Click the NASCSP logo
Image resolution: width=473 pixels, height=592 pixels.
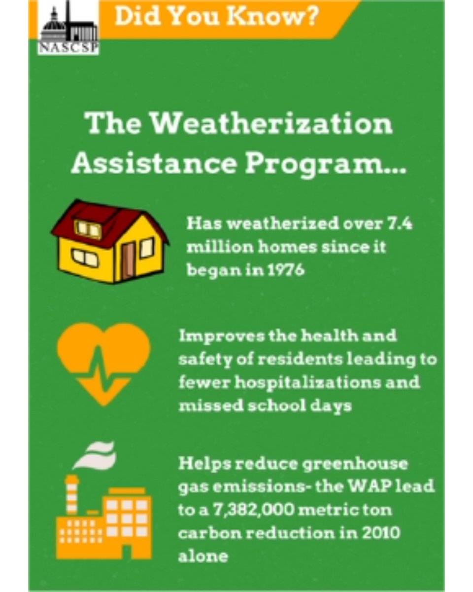click(69, 27)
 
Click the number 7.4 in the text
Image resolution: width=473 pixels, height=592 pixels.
click(397, 224)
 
